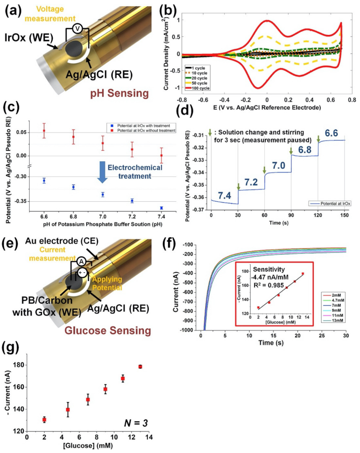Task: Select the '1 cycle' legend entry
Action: [201, 68]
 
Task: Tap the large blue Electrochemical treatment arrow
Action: [102, 173]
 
